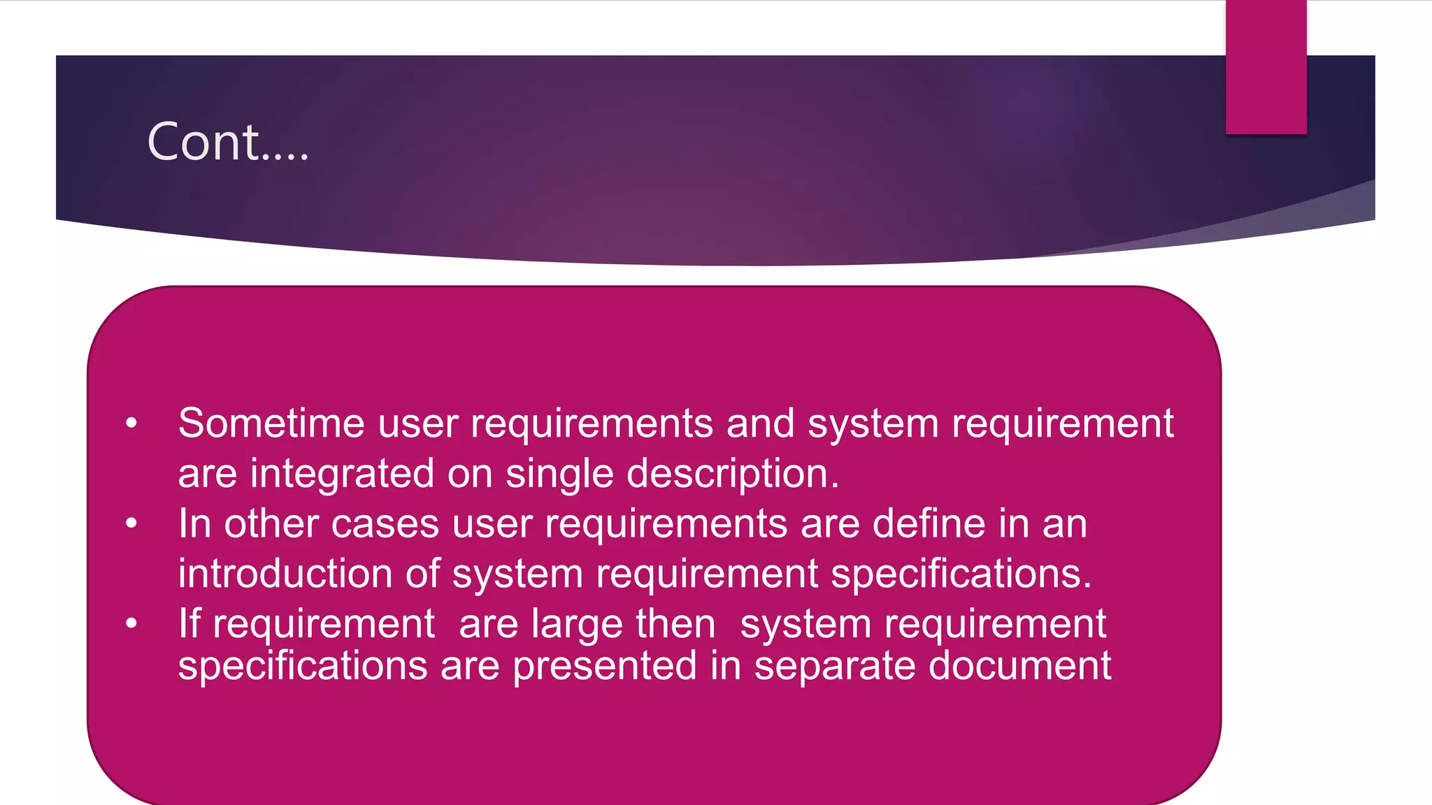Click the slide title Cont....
[x=227, y=142]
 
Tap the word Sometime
[x=271, y=423]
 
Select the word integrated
[x=342, y=474]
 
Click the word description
[x=732, y=474]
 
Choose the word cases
[x=385, y=524]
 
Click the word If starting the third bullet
[x=189, y=624]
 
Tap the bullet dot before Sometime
[x=131, y=423]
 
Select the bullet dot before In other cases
[x=131, y=523]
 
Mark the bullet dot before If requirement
[x=131, y=623]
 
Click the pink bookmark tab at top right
[x=1266, y=67]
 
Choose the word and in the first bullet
[x=760, y=423]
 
